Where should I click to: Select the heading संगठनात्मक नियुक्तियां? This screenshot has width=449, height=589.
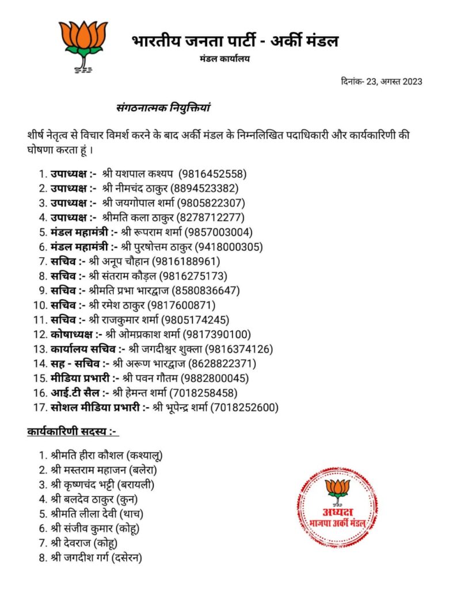tap(167, 107)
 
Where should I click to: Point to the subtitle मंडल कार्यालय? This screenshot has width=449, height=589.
tap(224, 59)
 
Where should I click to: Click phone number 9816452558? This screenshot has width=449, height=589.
tap(212, 173)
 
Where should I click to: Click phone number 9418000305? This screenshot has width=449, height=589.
tap(229, 247)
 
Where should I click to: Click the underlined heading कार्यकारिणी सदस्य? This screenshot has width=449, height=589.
tap(72, 431)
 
